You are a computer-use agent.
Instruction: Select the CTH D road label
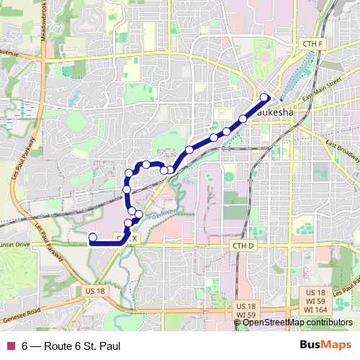(x=244, y=246)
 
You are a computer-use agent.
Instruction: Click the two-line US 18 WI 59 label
(x=246, y=310)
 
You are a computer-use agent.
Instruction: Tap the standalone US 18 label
(x=94, y=290)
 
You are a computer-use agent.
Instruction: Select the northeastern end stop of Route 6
(x=264, y=97)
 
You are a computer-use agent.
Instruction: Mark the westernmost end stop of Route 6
(x=92, y=238)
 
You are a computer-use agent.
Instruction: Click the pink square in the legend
(x=11, y=345)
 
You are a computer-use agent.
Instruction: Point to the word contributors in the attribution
(x=328, y=323)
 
